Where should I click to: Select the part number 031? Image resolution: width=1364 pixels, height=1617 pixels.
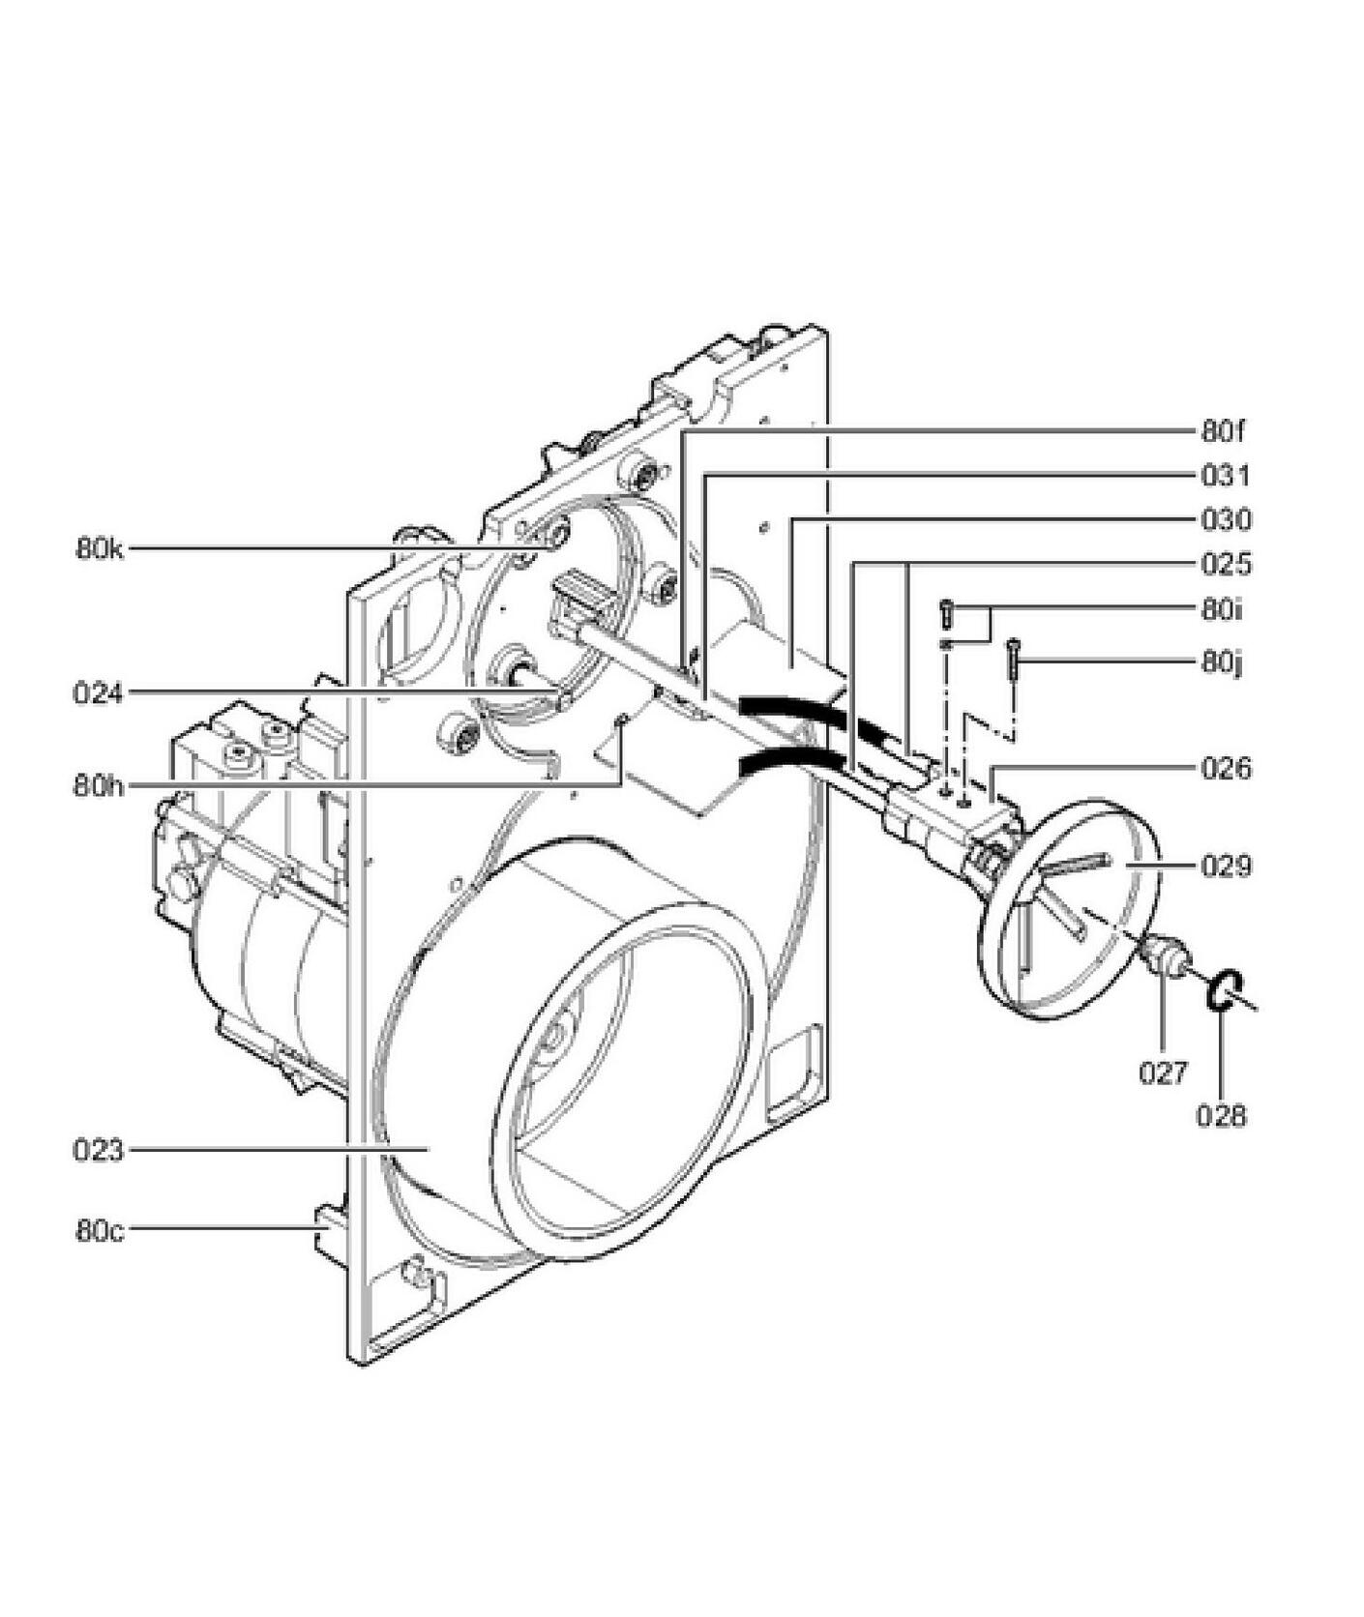[x=1226, y=476]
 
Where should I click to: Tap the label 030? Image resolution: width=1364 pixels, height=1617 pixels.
[x=1226, y=520]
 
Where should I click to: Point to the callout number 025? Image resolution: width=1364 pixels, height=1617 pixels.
[x=1226, y=564]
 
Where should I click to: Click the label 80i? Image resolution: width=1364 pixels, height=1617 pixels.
[x=1222, y=610]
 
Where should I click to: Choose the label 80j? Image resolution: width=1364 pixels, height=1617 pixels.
[x=1222, y=663]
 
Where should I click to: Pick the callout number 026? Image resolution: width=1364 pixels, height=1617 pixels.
[x=1226, y=769]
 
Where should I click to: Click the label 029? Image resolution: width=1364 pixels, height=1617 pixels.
[x=1226, y=866]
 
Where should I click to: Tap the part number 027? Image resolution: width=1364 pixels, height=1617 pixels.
[x=1162, y=1073]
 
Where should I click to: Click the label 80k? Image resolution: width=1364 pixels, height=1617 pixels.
[x=101, y=550]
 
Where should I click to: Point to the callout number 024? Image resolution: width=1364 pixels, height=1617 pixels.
[x=99, y=693]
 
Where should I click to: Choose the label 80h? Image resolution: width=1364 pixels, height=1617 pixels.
[x=99, y=784]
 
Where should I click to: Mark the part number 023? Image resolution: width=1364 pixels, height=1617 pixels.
[x=99, y=1151]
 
